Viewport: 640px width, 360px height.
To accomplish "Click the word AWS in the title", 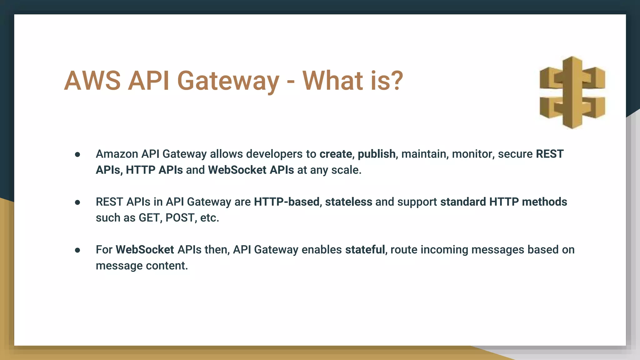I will point(92,81).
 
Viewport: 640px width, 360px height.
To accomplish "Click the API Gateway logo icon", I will point(572,92).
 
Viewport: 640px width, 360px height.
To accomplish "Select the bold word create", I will point(336,154).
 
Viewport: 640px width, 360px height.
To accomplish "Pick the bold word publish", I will point(376,154).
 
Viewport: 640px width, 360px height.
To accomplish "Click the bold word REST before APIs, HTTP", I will point(550,154).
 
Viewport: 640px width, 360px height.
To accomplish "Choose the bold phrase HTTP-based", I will point(287,202).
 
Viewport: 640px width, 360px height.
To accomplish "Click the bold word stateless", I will point(348,202).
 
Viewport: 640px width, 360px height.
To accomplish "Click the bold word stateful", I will point(365,250).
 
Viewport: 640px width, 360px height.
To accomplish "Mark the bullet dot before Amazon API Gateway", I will point(77,155).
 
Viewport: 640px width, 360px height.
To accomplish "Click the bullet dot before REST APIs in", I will point(77,202).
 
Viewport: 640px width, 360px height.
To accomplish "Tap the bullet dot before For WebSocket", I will point(77,250).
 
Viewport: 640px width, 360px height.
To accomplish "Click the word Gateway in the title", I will point(228,81).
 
